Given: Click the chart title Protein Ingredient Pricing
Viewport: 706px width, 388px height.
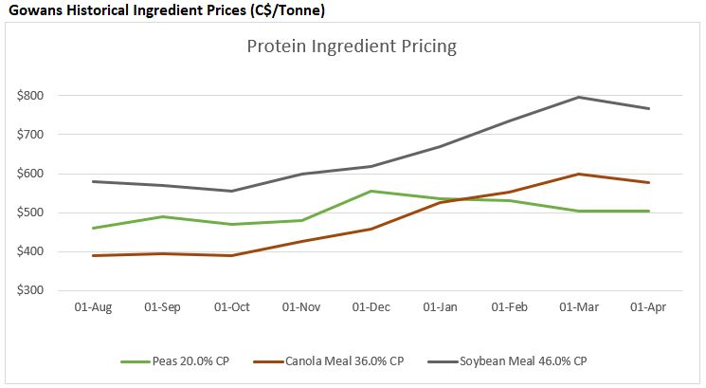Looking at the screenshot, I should pos(353,46).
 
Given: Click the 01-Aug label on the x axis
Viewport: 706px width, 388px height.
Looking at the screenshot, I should pos(93,308).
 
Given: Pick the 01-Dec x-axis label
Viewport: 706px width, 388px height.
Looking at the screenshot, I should pos(372,308).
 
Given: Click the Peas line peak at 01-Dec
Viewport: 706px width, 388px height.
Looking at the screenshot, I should pos(372,191).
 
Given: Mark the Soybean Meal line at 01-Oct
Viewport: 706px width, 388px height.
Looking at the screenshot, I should pos(232,191).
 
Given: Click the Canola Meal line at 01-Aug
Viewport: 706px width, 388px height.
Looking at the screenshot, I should pos(93,255).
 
